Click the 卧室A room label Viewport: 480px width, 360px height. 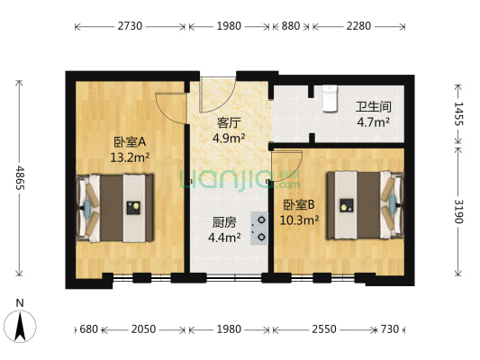click(x=131, y=142)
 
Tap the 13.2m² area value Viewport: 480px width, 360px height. click(x=130, y=157)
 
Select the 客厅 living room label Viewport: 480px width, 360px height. click(x=229, y=123)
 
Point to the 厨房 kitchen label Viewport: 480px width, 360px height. click(x=225, y=222)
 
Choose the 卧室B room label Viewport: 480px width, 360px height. click(x=299, y=204)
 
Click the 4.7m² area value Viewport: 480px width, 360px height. click(x=373, y=122)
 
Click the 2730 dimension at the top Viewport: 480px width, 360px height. click(x=130, y=26)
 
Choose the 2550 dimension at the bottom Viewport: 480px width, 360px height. click(x=325, y=330)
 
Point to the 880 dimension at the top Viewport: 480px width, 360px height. click(x=290, y=26)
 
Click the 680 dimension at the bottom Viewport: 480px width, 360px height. click(x=88, y=330)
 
